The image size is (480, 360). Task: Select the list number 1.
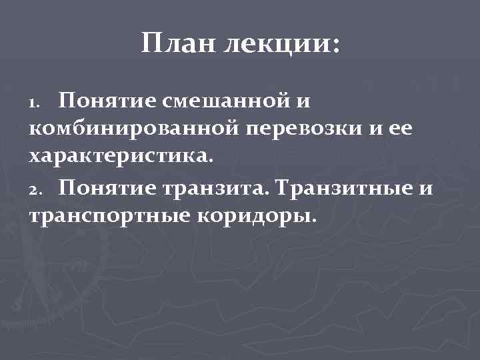pos(35,103)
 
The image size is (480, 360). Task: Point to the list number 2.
pos(35,191)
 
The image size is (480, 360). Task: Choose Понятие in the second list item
pos(106,189)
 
